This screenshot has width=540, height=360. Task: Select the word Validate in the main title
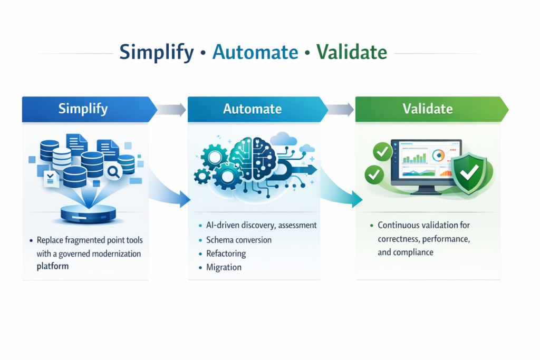click(x=351, y=52)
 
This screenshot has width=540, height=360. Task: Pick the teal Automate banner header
click(x=252, y=109)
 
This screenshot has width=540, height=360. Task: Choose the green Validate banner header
click(x=427, y=109)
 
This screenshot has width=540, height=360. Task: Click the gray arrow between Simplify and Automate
click(x=172, y=110)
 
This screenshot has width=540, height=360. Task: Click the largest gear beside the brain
click(x=228, y=174)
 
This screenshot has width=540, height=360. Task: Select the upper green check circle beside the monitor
click(x=382, y=152)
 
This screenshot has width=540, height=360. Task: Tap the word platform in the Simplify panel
click(x=53, y=267)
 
